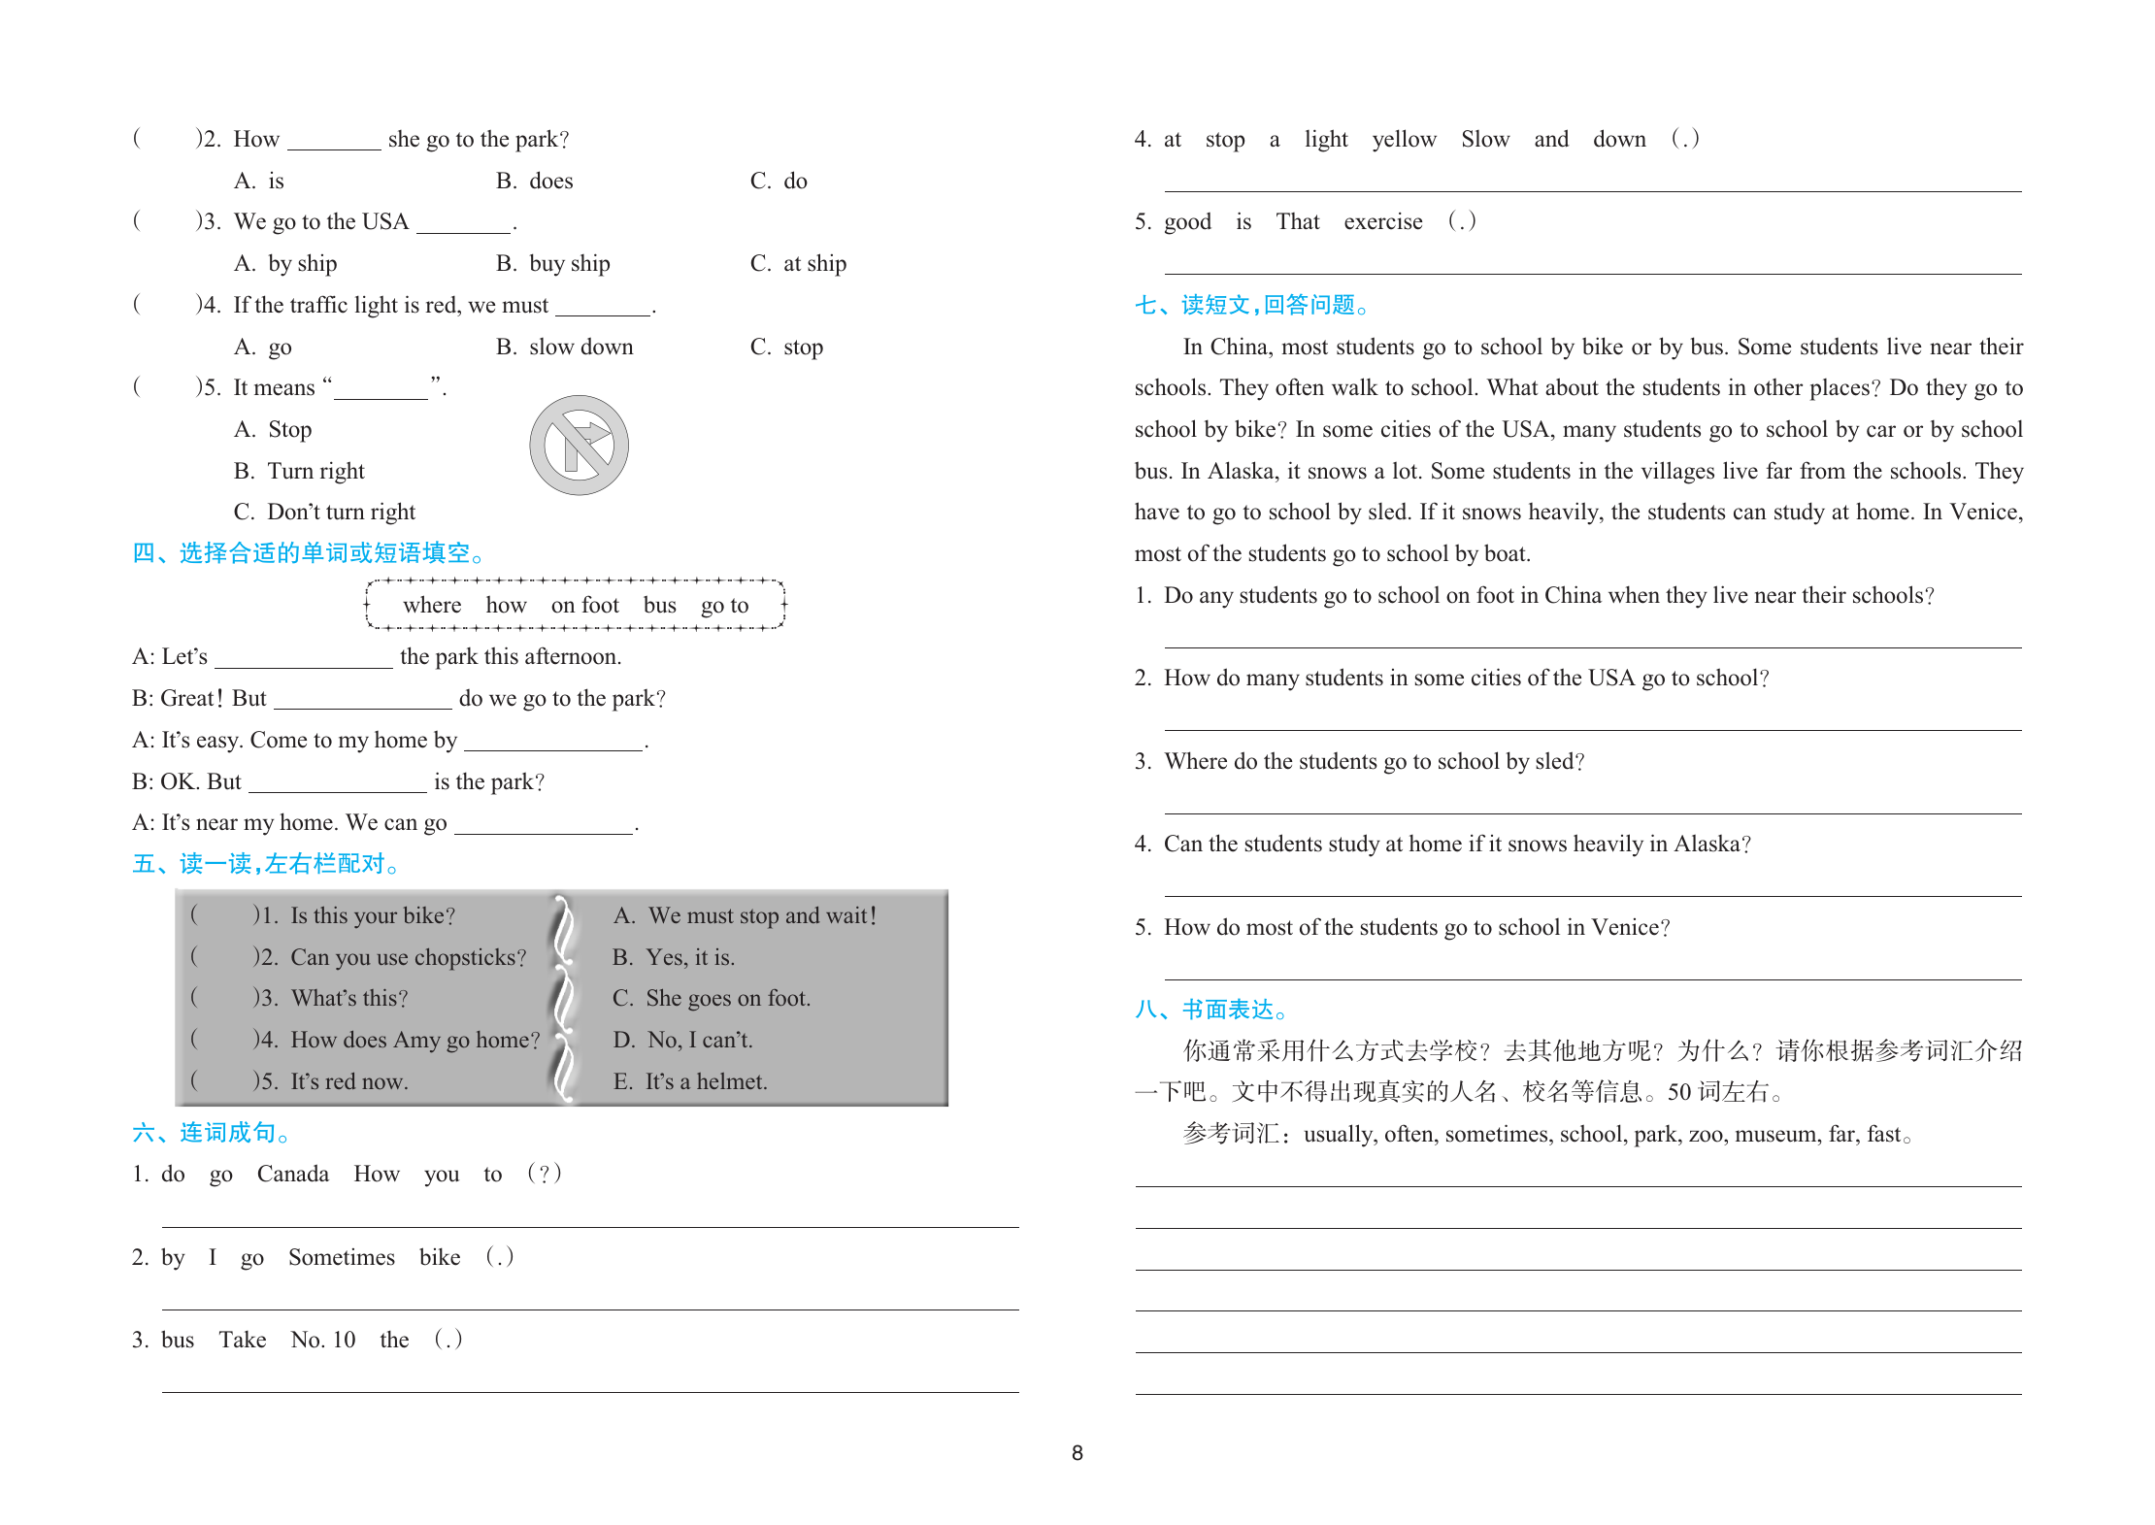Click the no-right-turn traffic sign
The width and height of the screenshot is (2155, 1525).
pos(579,446)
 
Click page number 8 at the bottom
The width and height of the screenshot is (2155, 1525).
pos(1077,1453)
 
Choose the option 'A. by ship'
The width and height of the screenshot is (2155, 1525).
pos(285,264)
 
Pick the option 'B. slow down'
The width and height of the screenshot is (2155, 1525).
pos(564,348)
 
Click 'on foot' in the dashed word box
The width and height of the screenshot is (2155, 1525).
pos(584,606)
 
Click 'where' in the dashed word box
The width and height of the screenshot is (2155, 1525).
pos(432,606)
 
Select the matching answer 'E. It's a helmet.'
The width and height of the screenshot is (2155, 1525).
pos(690,1082)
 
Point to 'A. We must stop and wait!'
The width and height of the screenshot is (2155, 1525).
pos(745,916)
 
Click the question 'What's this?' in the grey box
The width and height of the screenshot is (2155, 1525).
pos(349,999)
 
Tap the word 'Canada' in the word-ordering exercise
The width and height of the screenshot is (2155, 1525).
pos(292,1175)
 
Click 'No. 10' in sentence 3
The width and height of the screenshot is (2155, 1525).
pos(323,1341)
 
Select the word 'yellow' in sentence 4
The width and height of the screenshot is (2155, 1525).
pos(1404,140)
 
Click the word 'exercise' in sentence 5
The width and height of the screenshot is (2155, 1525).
pos(1382,222)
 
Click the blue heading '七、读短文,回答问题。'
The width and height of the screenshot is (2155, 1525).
pos(1252,306)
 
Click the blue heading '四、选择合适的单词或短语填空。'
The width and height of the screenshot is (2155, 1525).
pos(308,554)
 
